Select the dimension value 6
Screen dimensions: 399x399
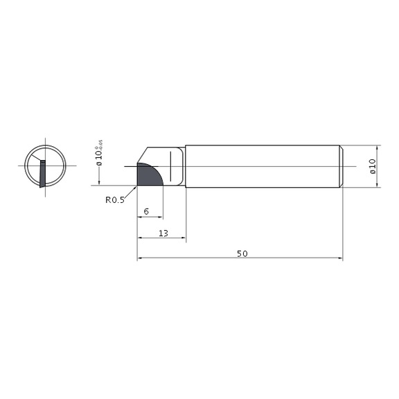point(146,211)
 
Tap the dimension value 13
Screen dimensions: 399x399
point(163,233)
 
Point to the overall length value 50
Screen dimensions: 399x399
point(242,254)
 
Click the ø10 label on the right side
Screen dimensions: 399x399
point(372,166)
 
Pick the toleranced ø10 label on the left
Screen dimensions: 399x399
point(99,151)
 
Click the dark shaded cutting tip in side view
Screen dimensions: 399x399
point(148,175)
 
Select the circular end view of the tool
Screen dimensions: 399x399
point(45,166)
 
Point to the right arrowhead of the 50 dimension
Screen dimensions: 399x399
point(340,259)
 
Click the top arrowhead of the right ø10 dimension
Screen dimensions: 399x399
point(378,148)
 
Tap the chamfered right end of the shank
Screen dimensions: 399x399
point(340,166)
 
